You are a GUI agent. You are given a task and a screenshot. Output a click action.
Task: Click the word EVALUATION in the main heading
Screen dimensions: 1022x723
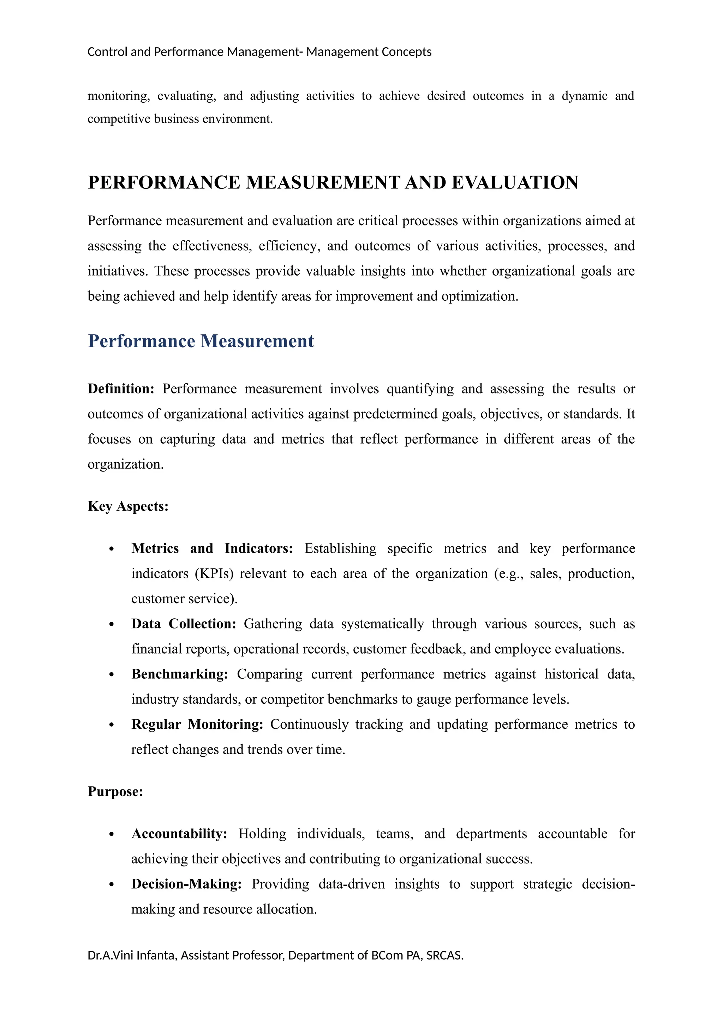[515, 183]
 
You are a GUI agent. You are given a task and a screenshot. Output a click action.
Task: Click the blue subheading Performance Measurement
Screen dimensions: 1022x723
[201, 341]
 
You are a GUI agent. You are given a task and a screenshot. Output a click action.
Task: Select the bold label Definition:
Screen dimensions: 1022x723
[121, 389]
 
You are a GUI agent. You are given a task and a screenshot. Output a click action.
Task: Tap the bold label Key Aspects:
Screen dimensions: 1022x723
[128, 506]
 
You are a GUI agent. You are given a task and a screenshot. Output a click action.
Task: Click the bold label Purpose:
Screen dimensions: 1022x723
[115, 792]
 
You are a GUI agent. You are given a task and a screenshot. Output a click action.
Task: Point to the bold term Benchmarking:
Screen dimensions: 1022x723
[179, 674]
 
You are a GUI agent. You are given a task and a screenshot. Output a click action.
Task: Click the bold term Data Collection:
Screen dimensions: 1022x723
[184, 624]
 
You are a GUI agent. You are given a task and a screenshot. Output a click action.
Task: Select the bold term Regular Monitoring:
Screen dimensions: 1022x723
[197, 724]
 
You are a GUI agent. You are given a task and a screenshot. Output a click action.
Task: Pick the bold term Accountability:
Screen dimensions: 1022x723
[179, 833]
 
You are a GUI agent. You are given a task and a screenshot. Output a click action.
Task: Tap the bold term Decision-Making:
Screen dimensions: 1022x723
[186, 884]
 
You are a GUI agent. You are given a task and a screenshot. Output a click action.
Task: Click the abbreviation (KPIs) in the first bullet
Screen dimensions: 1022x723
[214, 573]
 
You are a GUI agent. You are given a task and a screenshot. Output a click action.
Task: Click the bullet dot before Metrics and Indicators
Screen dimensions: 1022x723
[112, 549]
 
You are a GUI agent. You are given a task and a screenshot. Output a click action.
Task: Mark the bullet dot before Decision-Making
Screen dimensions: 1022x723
[112, 884]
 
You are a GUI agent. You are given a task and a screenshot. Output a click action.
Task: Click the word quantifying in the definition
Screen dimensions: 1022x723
[420, 389]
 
